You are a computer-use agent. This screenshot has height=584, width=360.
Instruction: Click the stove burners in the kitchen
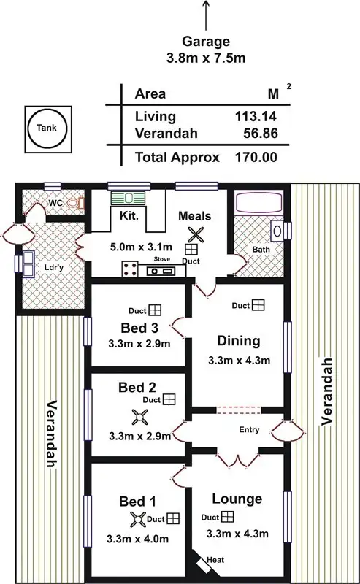click(x=131, y=269)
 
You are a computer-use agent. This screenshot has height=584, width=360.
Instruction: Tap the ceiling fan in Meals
click(x=195, y=234)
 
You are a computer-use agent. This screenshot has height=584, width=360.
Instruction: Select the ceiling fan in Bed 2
click(x=139, y=418)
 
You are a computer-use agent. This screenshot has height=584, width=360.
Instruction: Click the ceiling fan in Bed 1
click(x=137, y=519)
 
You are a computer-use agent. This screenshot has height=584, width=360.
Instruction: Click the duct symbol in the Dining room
click(x=257, y=305)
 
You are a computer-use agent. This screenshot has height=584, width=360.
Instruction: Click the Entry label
click(x=249, y=430)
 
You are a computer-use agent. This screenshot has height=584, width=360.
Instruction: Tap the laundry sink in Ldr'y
click(x=30, y=263)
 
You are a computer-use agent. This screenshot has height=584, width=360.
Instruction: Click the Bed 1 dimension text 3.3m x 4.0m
click(x=138, y=539)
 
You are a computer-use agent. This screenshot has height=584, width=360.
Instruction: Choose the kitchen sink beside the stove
click(x=161, y=271)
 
